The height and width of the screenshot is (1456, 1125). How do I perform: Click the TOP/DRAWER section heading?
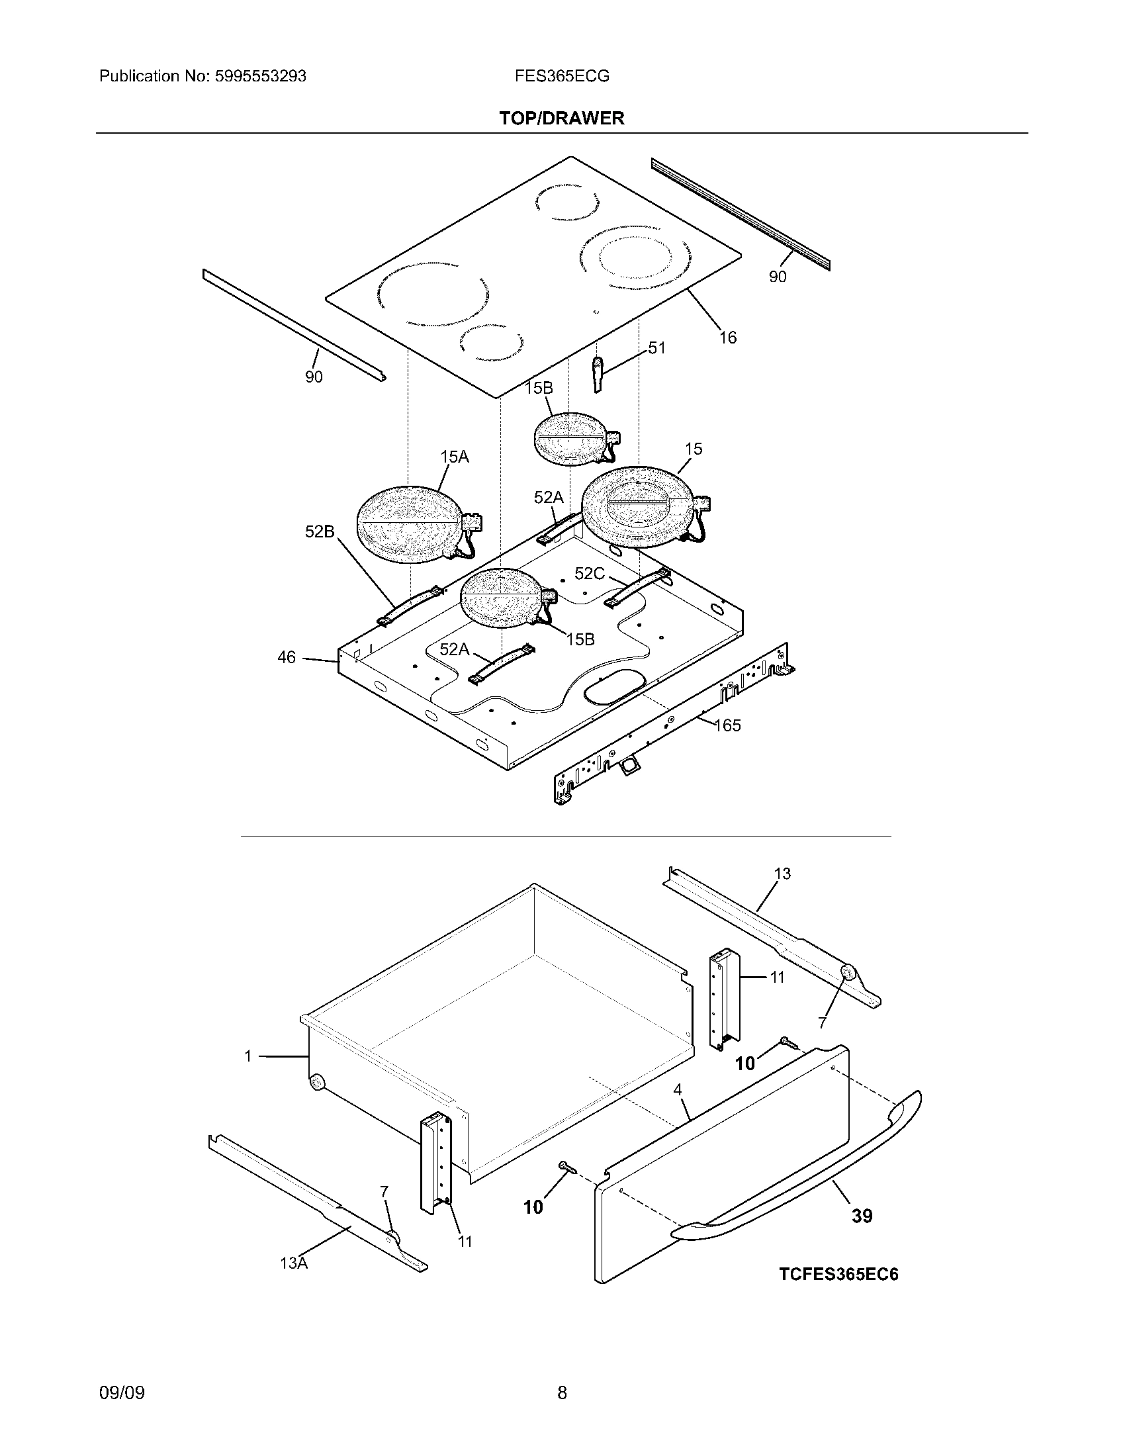(562, 118)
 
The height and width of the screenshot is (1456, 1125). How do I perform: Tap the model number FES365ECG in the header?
(561, 76)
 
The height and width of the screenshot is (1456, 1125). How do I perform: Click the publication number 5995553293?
(260, 76)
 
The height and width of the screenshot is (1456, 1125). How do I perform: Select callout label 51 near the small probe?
(656, 348)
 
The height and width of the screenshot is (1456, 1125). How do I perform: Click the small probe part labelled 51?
(597, 373)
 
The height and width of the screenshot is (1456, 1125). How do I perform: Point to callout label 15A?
(454, 457)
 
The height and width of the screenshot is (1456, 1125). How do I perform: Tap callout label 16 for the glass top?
(727, 338)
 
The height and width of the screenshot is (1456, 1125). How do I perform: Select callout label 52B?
(319, 531)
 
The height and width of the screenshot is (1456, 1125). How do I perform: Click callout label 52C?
(589, 573)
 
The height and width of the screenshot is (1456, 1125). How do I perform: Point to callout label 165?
(727, 725)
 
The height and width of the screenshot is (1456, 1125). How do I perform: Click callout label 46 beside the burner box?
(287, 658)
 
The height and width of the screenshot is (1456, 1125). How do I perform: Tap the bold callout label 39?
(862, 1216)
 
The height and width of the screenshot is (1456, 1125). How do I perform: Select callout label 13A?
(294, 1263)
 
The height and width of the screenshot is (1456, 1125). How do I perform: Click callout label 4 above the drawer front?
(678, 1090)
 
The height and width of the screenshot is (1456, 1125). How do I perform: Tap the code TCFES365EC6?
(838, 1274)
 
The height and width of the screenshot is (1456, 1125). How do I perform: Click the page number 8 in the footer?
(562, 1392)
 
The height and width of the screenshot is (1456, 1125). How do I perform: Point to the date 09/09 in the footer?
(121, 1392)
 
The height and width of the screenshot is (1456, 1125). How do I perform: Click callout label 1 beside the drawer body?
(248, 1056)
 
